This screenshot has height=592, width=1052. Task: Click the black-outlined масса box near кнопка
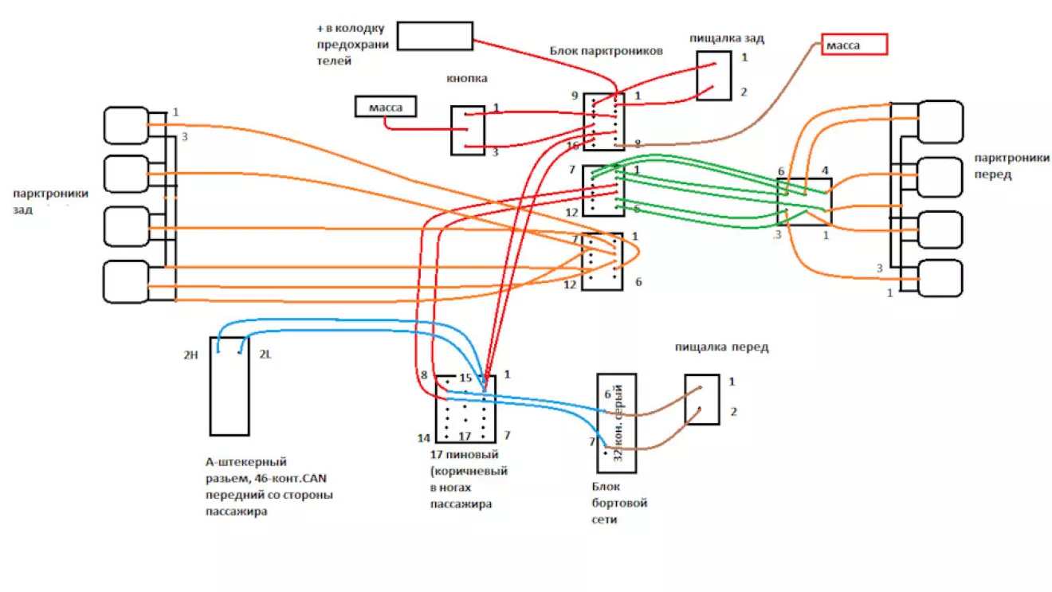(x=385, y=107)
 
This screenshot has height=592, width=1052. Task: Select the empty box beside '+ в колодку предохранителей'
(x=434, y=36)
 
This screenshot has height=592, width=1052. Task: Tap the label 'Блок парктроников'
(x=606, y=51)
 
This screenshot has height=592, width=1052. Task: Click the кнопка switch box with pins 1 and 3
(x=468, y=131)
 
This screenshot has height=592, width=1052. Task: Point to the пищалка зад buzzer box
(x=713, y=76)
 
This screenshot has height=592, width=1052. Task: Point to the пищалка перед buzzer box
(x=702, y=399)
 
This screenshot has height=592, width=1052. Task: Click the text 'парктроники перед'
(x=1011, y=166)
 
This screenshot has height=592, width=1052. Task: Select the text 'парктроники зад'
(x=50, y=201)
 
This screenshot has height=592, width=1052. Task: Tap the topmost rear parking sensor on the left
(x=126, y=125)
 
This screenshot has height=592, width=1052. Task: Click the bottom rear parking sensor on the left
(x=126, y=281)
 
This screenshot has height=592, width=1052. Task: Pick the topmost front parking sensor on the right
(x=941, y=121)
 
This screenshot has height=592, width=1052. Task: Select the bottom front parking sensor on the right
(x=941, y=279)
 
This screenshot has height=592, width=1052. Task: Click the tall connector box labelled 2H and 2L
(x=230, y=386)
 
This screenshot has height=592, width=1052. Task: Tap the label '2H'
(x=190, y=355)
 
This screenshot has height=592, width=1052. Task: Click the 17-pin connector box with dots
(x=465, y=410)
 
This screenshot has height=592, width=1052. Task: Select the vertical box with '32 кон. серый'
(x=616, y=423)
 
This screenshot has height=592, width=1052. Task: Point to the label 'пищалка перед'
(x=721, y=347)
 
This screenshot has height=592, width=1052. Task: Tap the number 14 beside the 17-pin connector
(x=424, y=437)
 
